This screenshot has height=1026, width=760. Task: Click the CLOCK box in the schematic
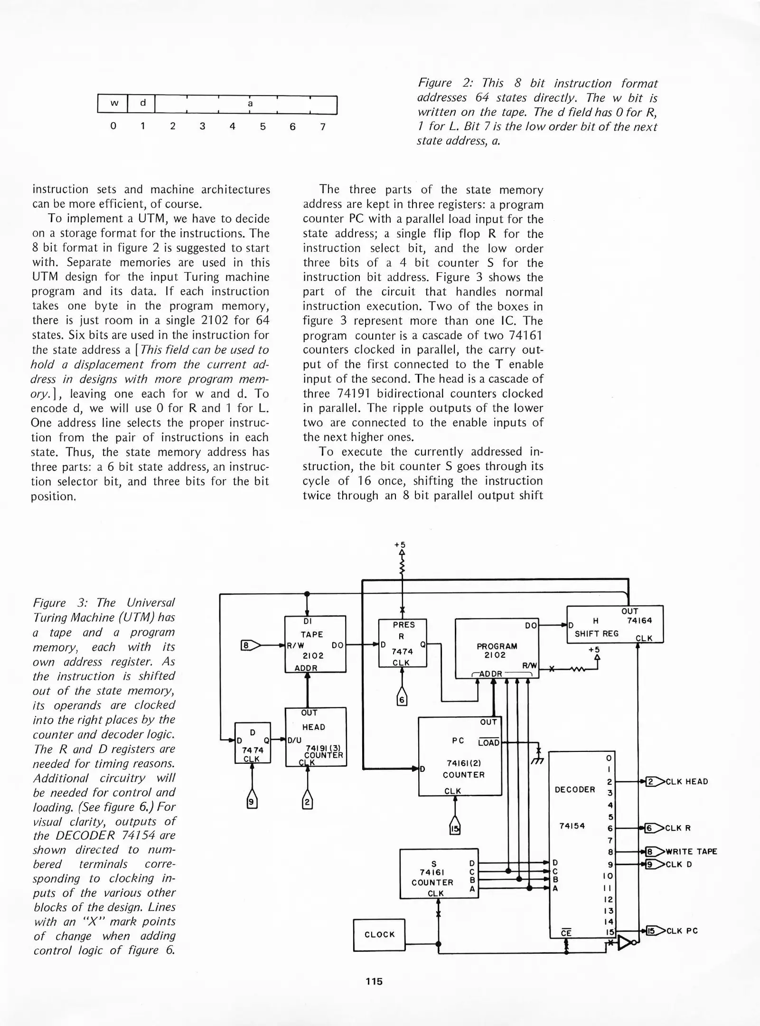click(x=379, y=935)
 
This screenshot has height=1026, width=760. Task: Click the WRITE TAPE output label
click(x=691, y=852)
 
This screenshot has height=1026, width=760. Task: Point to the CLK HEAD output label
click(x=686, y=782)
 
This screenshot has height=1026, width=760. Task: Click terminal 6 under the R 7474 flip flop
click(x=402, y=700)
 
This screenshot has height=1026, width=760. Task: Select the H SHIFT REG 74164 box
click(x=614, y=624)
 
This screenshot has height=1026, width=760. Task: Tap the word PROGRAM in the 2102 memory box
click(x=497, y=646)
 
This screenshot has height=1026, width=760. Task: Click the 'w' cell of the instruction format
click(x=113, y=104)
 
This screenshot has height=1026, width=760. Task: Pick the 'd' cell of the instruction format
click(x=142, y=104)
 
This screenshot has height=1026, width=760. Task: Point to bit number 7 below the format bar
click(x=322, y=126)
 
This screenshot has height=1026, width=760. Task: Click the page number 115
click(x=374, y=981)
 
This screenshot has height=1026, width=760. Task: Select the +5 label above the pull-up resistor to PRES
click(x=400, y=545)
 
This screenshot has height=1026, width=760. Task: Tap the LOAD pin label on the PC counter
click(x=489, y=743)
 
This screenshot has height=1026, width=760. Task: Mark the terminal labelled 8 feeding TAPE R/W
click(x=247, y=646)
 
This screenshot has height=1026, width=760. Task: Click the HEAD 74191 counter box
click(x=316, y=737)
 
